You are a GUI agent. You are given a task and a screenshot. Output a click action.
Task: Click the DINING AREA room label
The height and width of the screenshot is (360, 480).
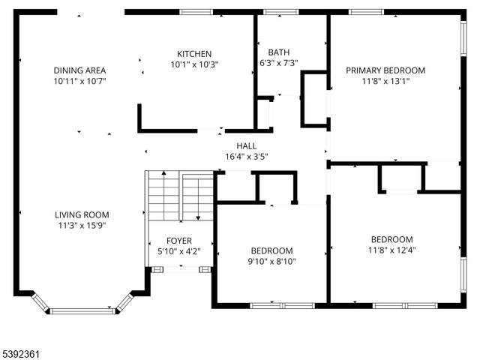79,70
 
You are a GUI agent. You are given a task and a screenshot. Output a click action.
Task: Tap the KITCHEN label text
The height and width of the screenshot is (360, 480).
194,54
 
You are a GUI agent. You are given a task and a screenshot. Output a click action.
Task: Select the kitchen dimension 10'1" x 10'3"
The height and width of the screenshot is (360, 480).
194,64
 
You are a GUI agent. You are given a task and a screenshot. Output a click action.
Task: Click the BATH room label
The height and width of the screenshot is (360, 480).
279,52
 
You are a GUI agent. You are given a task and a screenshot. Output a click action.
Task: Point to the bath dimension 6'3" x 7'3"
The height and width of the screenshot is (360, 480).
279,63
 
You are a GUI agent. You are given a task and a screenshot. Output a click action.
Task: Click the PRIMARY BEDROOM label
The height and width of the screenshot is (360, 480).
385,70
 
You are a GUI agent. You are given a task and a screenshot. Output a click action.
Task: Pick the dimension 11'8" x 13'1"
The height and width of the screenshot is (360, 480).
385,81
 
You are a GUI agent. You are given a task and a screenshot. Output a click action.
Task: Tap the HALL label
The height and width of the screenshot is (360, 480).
247,146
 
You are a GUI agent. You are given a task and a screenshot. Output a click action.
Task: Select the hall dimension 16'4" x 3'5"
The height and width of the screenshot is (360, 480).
247,157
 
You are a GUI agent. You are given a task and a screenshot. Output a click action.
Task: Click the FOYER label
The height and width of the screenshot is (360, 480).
179,241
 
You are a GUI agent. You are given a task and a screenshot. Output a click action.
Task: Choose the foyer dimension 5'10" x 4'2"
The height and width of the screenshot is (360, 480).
179,251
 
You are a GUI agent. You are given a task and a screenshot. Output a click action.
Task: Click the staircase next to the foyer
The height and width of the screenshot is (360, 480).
179,196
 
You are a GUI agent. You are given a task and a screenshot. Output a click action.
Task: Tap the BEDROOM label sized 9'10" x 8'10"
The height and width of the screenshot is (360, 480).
271,250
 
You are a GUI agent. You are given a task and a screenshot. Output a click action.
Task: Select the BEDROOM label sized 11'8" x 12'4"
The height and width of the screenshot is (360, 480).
391,239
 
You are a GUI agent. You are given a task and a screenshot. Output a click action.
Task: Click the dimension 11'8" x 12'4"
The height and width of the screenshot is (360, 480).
391,250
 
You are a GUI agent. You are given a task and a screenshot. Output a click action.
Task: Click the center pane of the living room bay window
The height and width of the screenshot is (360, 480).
82,310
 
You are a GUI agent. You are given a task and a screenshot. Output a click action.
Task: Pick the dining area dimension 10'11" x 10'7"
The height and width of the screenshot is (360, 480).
79,81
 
